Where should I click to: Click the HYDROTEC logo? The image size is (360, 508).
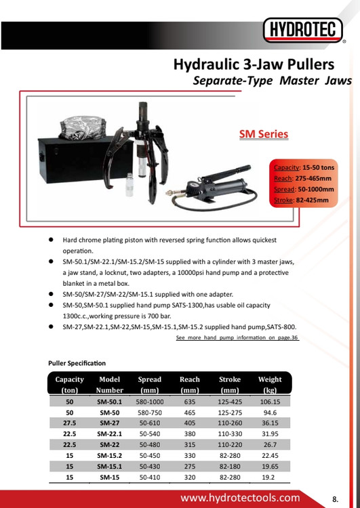pyautogui.click(x=303, y=30)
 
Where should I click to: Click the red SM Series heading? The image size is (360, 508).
pyautogui.click(x=264, y=134)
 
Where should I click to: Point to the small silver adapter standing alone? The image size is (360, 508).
pyautogui.click(x=129, y=185)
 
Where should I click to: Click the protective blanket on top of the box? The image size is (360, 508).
pyautogui.click(x=83, y=127)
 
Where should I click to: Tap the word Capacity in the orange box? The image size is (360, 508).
pyautogui.click(x=286, y=167)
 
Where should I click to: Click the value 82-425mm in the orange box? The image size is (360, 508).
pyautogui.click(x=313, y=200)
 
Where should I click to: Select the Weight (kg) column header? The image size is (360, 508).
pyautogui.click(x=270, y=385)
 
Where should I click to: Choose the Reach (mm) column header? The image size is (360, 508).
pyautogui.click(x=190, y=385)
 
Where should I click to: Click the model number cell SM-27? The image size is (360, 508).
pyautogui.click(x=110, y=423)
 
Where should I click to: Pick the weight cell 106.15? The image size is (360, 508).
pyautogui.click(x=270, y=402)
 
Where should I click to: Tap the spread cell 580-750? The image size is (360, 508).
pyautogui.click(x=150, y=412)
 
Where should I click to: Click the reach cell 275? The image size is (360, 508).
pyautogui.click(x=190, y=467)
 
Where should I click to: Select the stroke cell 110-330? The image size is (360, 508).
pyautogui.click(x=230, y=433)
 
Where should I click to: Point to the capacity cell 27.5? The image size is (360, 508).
pyautogui.click(x=69, y=423)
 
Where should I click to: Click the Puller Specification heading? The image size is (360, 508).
pyautogui.click(x=77, y=363)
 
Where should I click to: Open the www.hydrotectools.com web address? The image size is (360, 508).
pyautogui.click(x=240, y=498)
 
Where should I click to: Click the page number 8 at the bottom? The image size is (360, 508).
pyautogui.click(x=335, y=499)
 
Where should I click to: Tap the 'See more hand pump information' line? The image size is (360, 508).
pyautogui.click(x=237, y=337)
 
